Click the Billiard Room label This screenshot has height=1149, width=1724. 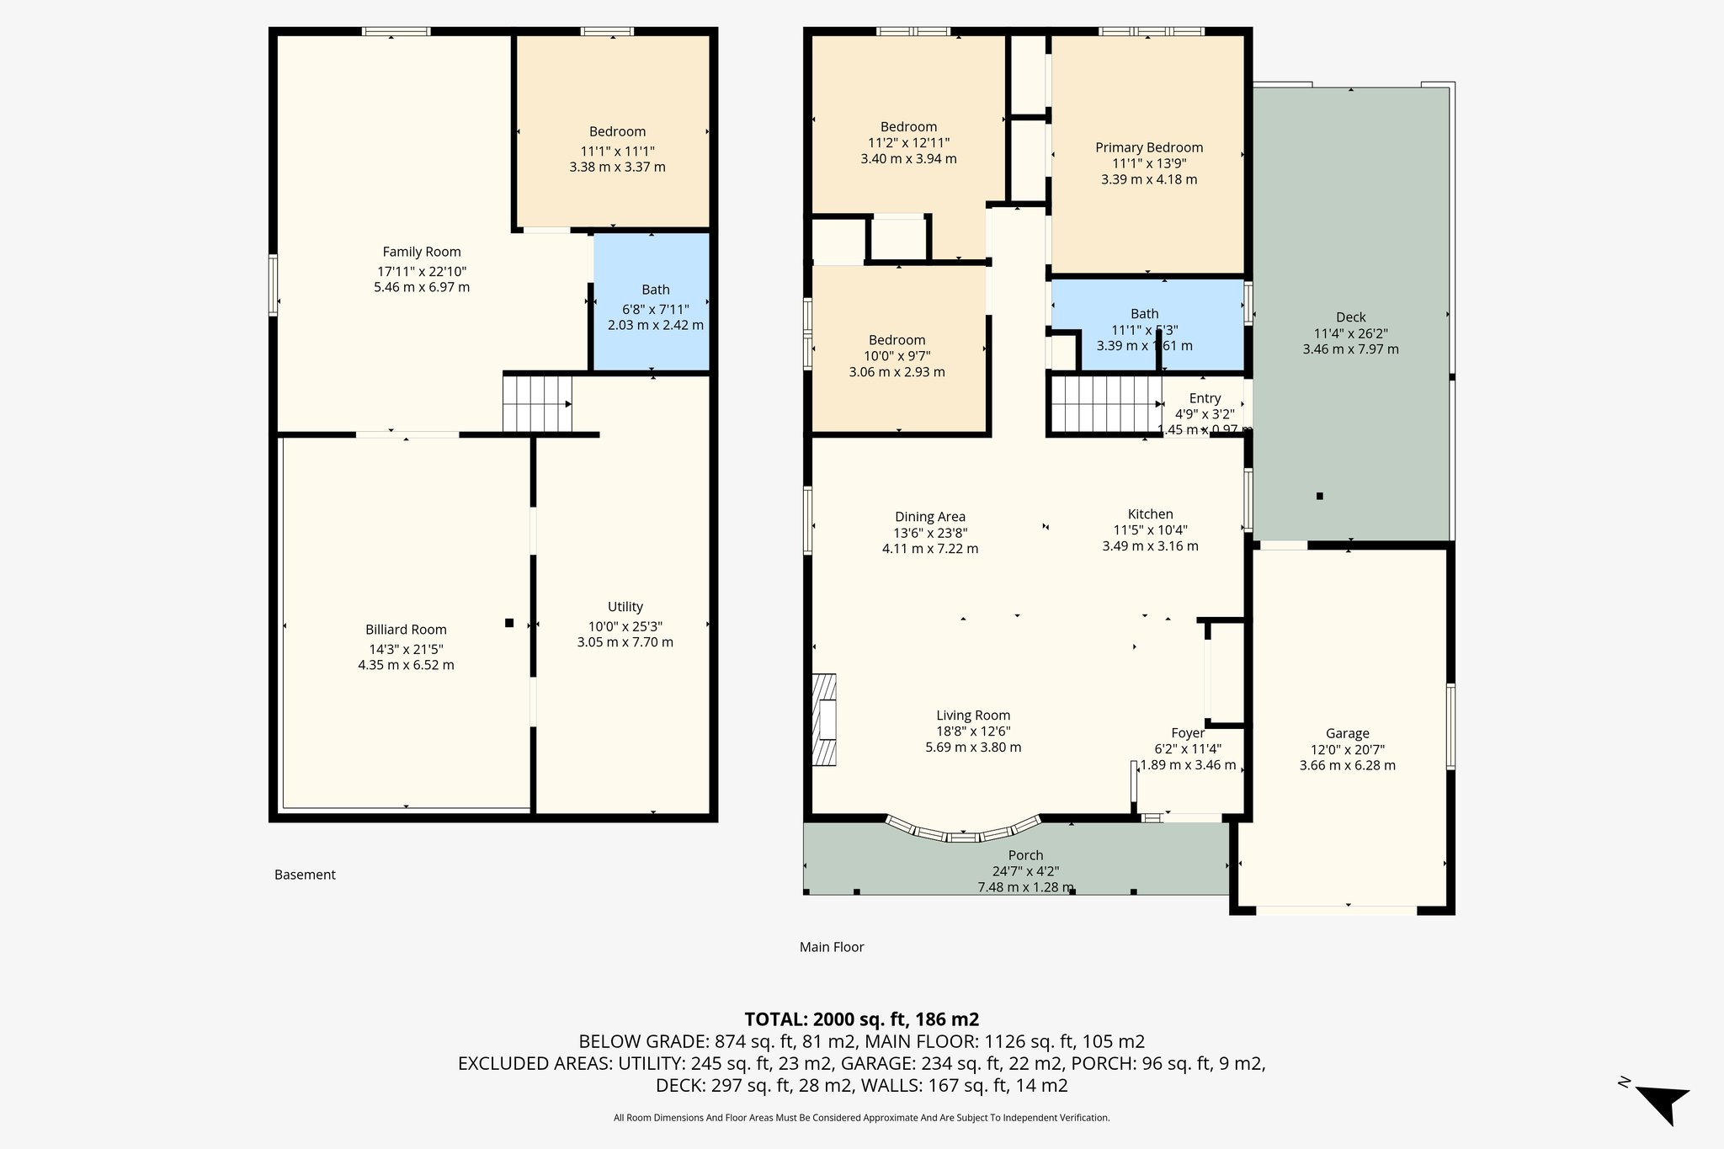coord(406,630)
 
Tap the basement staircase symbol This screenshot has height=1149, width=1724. coord(538,404)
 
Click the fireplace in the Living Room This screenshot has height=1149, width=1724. coord(825,720)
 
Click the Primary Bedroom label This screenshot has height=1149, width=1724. coord(1149,147)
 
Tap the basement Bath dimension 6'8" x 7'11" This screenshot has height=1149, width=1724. coord(655,309)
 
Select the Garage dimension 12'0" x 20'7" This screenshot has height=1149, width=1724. coord(1347,749)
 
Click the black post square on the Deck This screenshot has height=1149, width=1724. coord(1320,496)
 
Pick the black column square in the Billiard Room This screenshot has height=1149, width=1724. coord(509,623)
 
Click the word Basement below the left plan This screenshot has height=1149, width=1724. coord(305,875)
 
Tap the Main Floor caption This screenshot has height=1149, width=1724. coord(832,947)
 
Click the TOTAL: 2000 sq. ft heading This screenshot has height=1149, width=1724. coord(861,1019)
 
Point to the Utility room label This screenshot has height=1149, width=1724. coord(625,607)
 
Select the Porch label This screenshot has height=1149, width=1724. coord(1025,855)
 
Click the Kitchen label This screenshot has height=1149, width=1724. coord(1150,514)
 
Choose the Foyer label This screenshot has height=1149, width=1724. coord(1188,733)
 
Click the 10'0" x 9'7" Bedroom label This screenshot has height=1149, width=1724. coord(897,340)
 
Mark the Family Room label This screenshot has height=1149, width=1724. coord(422,252)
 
